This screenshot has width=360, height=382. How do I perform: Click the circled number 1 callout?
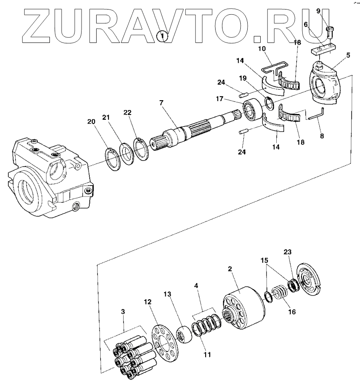coord(163,36)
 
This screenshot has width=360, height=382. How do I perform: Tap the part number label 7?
coord(161,103)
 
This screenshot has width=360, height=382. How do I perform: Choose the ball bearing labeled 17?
coord(252,110)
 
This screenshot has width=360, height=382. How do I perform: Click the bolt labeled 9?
coord(330,31)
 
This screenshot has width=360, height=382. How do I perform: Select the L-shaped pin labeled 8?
coord(315,115)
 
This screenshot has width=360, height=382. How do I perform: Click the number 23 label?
coord(288,251)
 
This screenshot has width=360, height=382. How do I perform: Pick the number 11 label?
coord(207,354)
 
